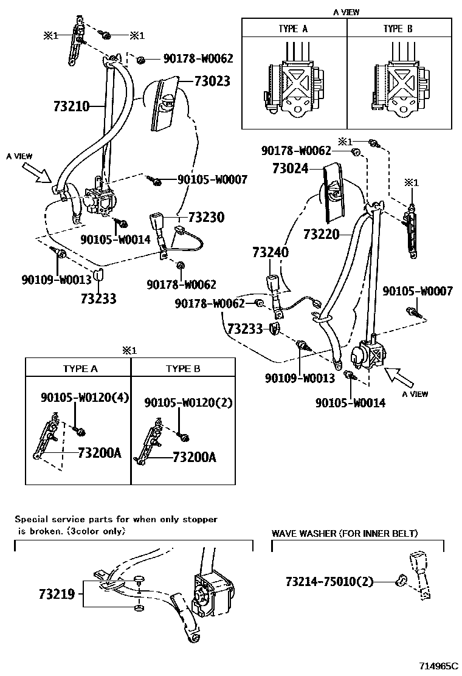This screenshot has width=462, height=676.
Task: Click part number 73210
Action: (71, 108)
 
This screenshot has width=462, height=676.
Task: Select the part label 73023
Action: (212, 81)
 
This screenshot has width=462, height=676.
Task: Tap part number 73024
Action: (290, 168)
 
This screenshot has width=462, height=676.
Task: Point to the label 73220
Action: (321, 233)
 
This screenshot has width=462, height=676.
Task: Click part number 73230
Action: (206, 218)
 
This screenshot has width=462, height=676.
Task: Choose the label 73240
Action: (272, 252)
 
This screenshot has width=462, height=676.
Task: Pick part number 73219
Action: (57, 594)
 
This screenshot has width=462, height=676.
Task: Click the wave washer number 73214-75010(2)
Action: (328, 582)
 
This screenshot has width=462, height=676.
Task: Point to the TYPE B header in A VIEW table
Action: (398, 29)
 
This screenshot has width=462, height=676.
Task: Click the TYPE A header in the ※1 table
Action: (80, 369)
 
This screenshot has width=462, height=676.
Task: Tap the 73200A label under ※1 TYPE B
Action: (195, 457)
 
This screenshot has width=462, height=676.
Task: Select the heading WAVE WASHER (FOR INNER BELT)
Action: (345, 534)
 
